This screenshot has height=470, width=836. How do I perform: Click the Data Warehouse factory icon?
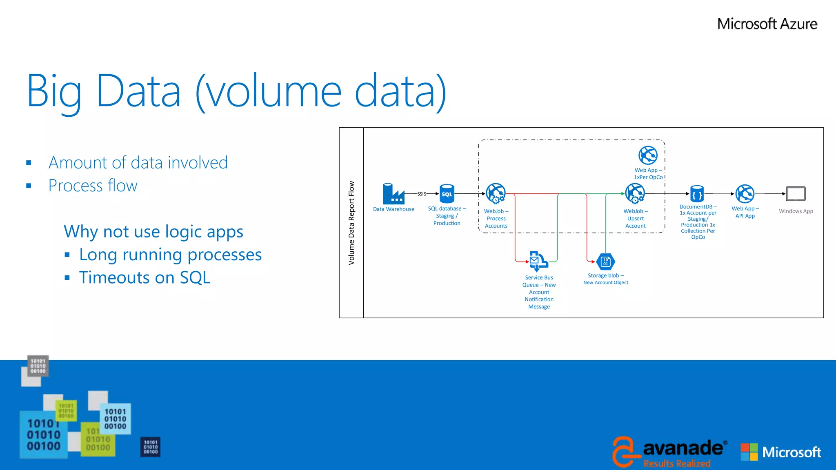(393, 194)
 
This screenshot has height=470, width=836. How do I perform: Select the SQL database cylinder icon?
(447, 194)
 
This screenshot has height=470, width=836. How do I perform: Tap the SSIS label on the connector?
(422, 194)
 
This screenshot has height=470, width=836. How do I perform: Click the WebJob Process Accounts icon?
(496, 193)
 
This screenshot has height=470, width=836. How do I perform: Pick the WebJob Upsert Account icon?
(635, 193)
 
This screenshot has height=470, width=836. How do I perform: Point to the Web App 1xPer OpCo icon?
(648, 155)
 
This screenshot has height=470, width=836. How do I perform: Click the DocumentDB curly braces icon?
(697, 194)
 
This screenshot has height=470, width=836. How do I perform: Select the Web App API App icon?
(745, 194)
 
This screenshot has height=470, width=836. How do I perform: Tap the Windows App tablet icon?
(796, 194)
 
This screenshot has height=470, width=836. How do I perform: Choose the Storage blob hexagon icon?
(605, 262)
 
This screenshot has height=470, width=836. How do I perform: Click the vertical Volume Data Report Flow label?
(351, 223)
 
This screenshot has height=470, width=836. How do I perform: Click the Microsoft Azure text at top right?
(767, 24)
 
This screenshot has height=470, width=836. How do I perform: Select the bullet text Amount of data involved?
(138, 162)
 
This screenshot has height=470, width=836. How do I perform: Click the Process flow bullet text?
(93, 186)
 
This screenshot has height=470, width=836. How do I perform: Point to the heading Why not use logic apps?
(153, 232)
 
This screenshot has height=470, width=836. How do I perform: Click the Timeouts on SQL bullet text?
(145, 278)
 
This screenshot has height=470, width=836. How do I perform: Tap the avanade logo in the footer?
(669, 451)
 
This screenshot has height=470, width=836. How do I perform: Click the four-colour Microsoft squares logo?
(749, 452)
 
